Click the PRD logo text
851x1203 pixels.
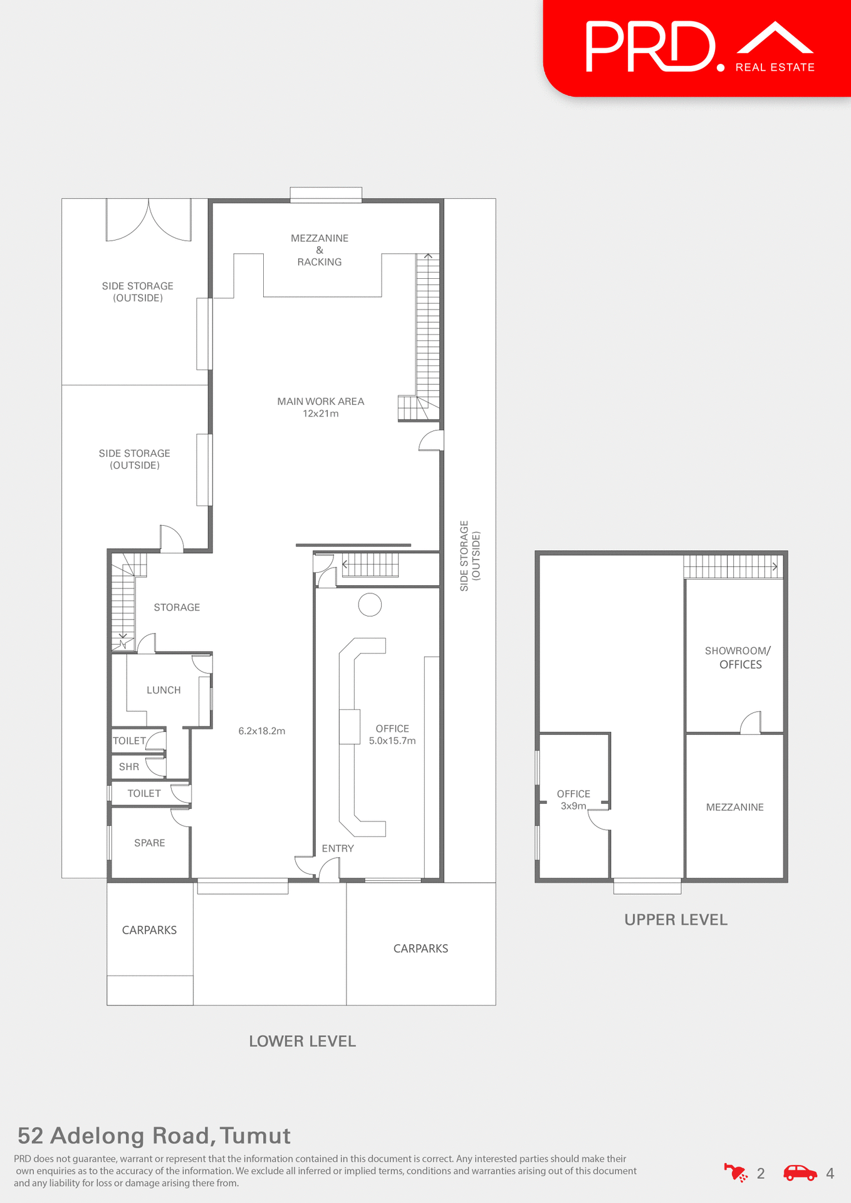coord(650,47)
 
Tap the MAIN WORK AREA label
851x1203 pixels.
coord(320,402)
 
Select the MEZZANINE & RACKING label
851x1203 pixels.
coord(320,250)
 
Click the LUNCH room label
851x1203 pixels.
coord(164,690)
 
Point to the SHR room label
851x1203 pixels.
coord(129,767)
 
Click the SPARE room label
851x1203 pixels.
coord(149,843)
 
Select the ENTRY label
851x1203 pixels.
coord(338,848)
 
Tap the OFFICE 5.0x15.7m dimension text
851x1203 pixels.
coord(392,741)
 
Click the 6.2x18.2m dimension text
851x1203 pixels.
coord(262,731)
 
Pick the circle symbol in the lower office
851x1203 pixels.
coord(370,605)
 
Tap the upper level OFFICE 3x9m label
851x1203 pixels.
coord(573,800)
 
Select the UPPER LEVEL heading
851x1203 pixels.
coord(676,920)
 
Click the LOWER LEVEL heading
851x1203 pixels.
coord(302,1041)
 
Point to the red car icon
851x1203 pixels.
coord(800,1173)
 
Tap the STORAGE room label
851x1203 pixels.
coord(177,607)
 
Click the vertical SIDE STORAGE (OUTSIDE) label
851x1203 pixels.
coord(469,556)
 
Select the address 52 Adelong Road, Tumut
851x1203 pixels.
coord(154,1135)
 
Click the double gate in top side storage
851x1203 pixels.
coord(149,221)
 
